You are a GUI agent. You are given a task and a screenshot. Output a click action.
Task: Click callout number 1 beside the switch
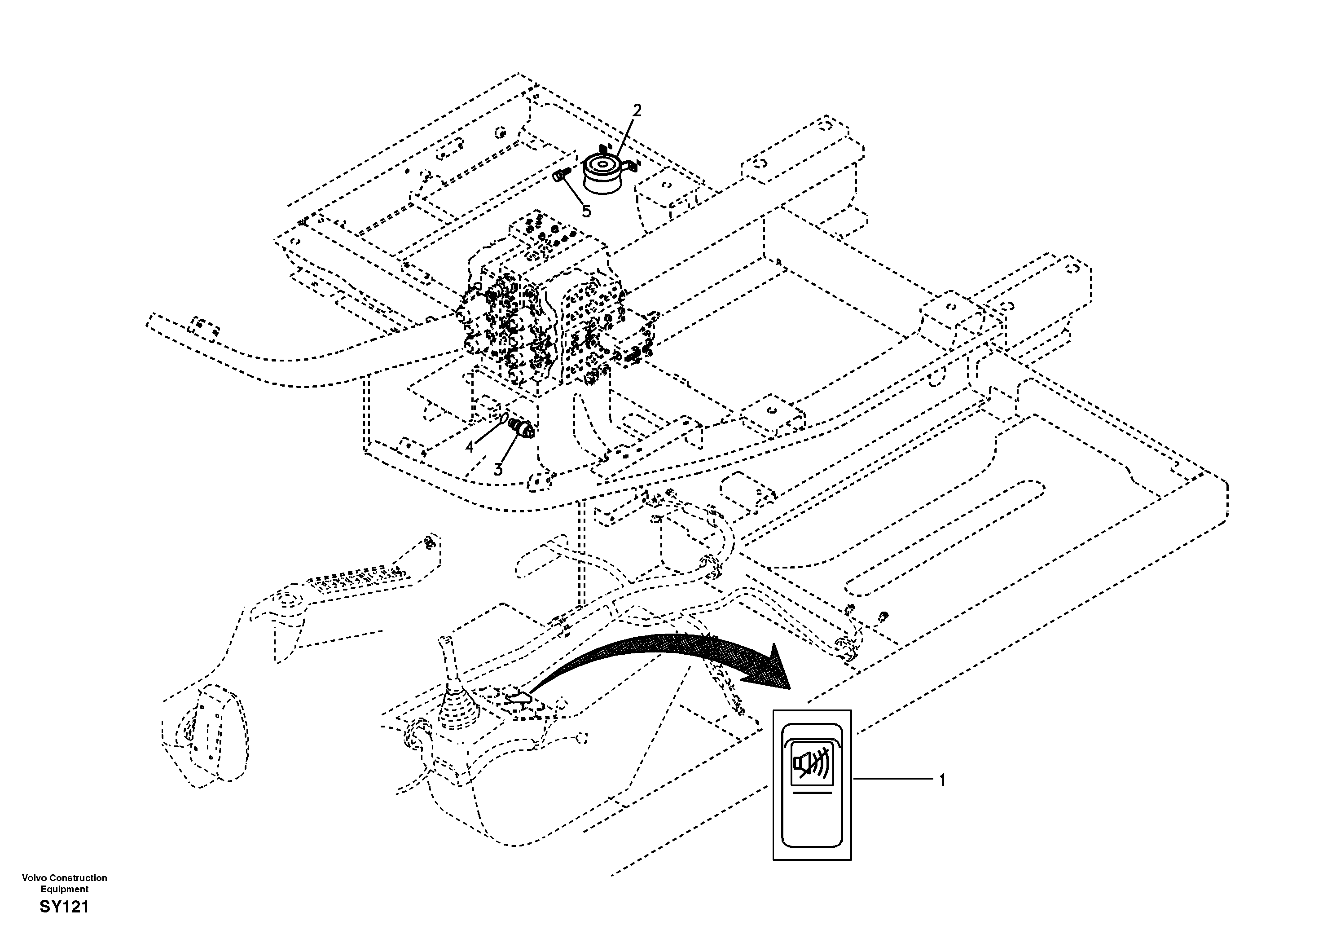pos(942,780)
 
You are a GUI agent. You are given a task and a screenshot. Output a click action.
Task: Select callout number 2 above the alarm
pos(637,110)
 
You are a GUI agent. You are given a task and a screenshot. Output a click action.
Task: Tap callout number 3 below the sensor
pos(498,470)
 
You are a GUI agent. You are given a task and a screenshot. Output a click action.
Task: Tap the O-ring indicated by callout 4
pos(504,419)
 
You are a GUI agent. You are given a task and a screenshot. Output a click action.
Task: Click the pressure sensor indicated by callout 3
pos(522,428)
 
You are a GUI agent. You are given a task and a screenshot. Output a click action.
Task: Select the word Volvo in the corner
pos(34,877)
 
